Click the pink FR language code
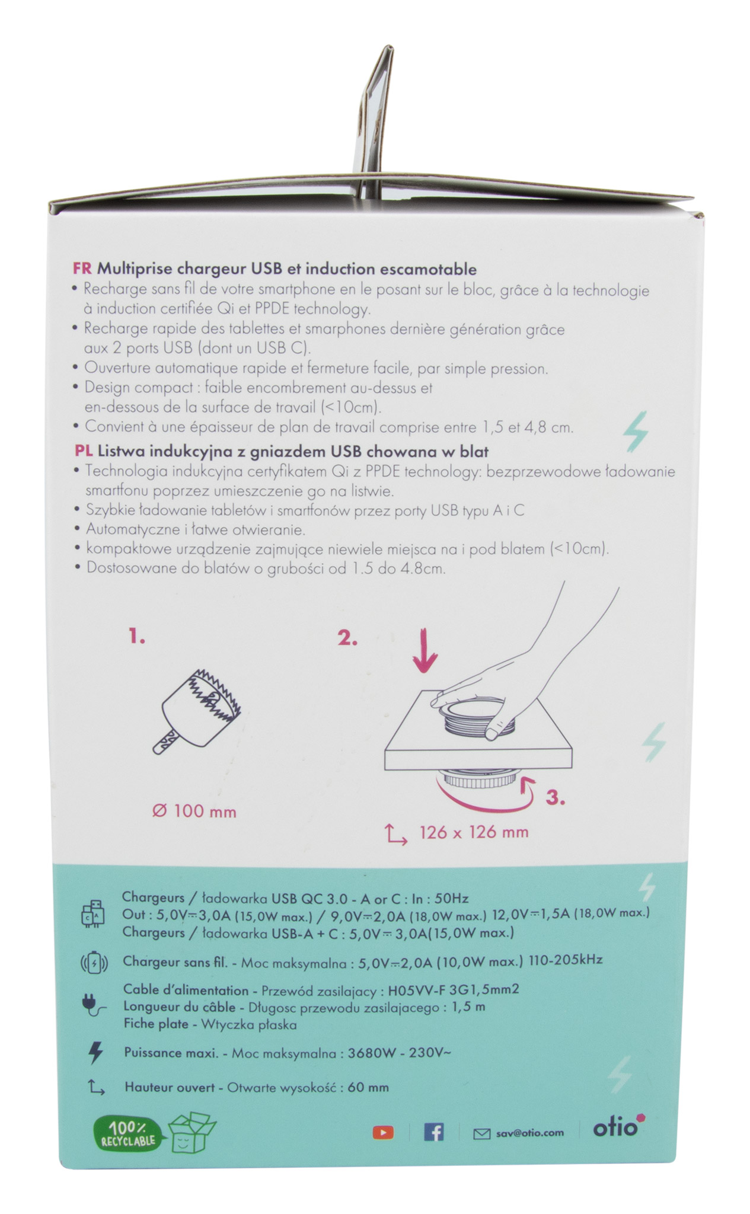82,269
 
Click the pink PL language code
83,452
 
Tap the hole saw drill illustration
199,711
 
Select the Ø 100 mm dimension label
194,812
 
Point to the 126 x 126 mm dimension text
474,832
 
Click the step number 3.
555,798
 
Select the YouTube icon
383,1133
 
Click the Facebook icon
434,1132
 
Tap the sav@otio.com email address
529,1133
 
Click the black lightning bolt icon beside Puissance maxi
95,1053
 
